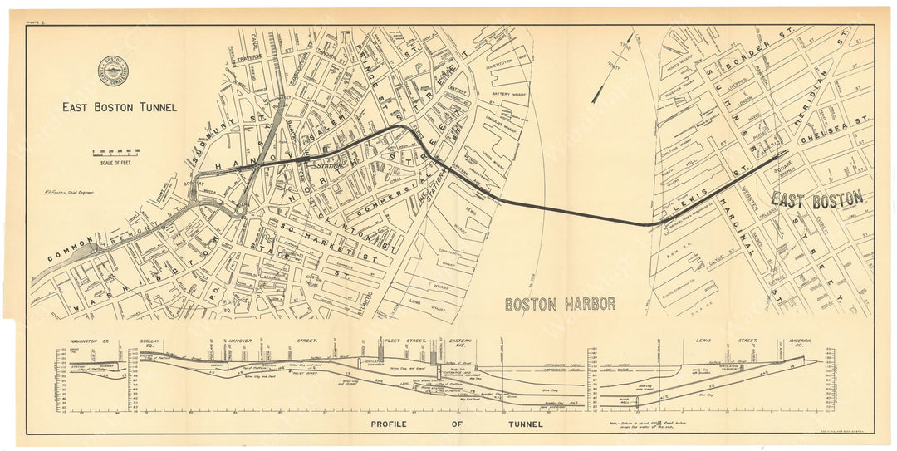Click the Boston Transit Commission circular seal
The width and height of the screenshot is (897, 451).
112,72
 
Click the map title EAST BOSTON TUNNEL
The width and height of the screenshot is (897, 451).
119,107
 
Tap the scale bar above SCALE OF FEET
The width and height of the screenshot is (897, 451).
115,151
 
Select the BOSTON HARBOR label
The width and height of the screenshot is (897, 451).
561,304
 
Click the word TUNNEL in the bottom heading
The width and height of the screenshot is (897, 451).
518,424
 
